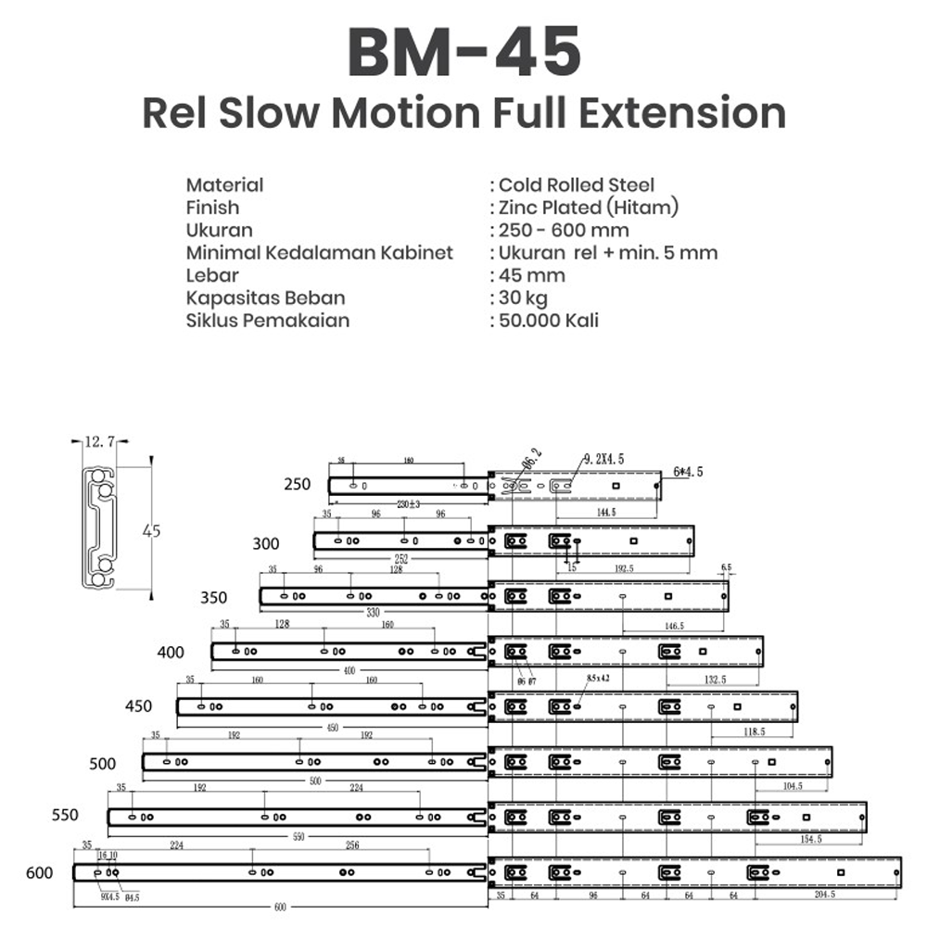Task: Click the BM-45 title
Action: pos(463,52)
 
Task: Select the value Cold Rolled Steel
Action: pos(577,184)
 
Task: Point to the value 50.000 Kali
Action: pos(549,321)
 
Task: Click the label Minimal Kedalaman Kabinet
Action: pos(319,252)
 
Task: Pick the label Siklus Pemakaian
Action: pos(268,321)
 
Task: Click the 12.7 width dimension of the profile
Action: pos(98,443)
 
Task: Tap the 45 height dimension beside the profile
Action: pos(151,531)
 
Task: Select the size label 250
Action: pos(298,484)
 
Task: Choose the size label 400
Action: pos(171,653)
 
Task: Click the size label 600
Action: pos(40,873)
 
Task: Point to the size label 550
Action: pos(65,816)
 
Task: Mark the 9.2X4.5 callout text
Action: pos(605,458)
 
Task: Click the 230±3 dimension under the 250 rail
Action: pos(408,504)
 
